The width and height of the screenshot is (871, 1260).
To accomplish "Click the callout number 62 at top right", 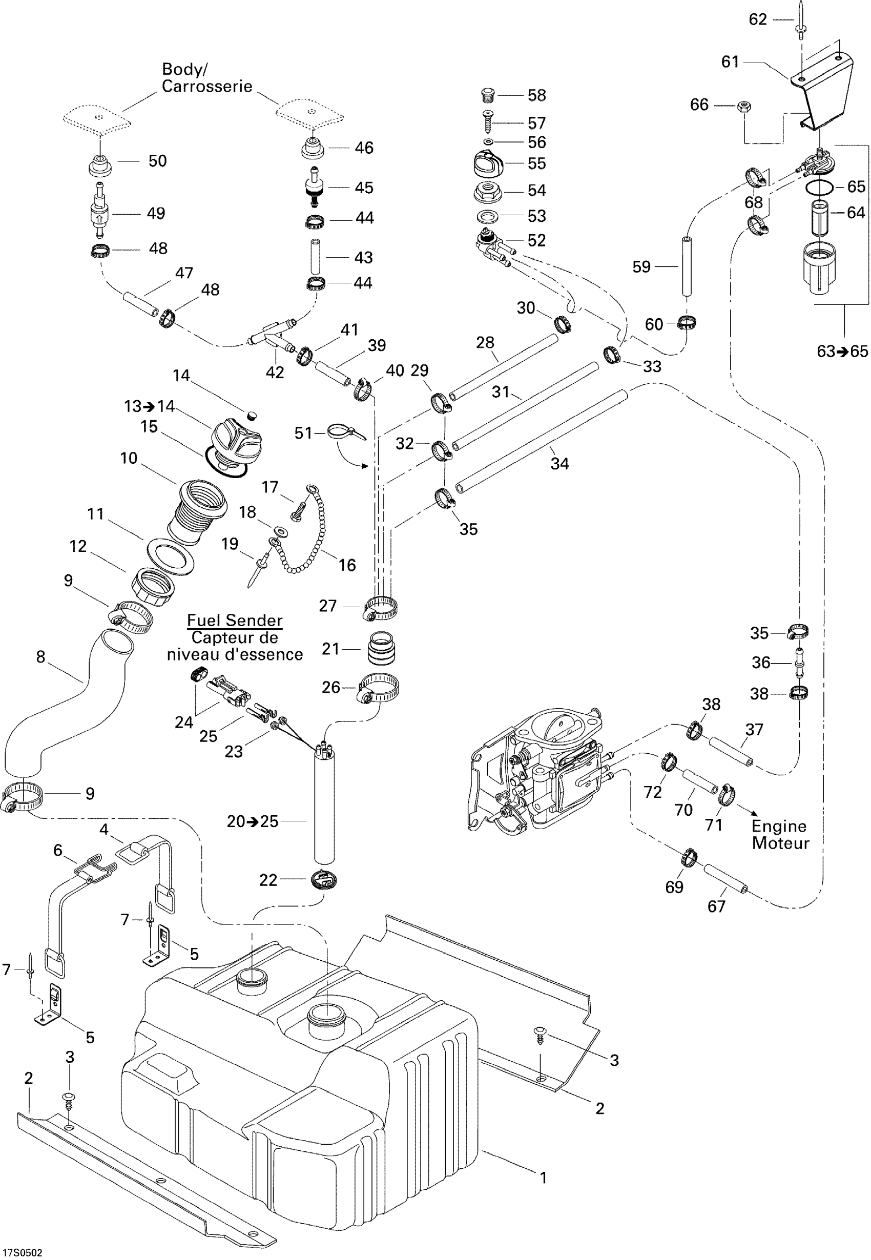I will coord(757,19).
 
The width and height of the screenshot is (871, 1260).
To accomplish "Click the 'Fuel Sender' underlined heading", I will coord(235,621).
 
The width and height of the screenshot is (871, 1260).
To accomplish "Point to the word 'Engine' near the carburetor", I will coord(778,826).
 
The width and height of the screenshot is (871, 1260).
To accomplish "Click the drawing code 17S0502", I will coord(23,1253).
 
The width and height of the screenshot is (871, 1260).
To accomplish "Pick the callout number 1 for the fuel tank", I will coord(543,1178).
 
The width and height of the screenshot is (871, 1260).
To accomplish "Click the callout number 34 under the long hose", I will coord(559,463).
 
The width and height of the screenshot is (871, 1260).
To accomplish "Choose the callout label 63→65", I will coord(842,352).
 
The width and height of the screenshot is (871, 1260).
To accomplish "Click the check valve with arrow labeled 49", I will coord(100,213).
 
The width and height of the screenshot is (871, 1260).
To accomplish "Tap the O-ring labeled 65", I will coord(819,187).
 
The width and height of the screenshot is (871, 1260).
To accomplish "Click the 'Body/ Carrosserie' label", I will coord(207,77).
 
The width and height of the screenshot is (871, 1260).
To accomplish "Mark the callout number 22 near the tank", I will coord(268,880).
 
